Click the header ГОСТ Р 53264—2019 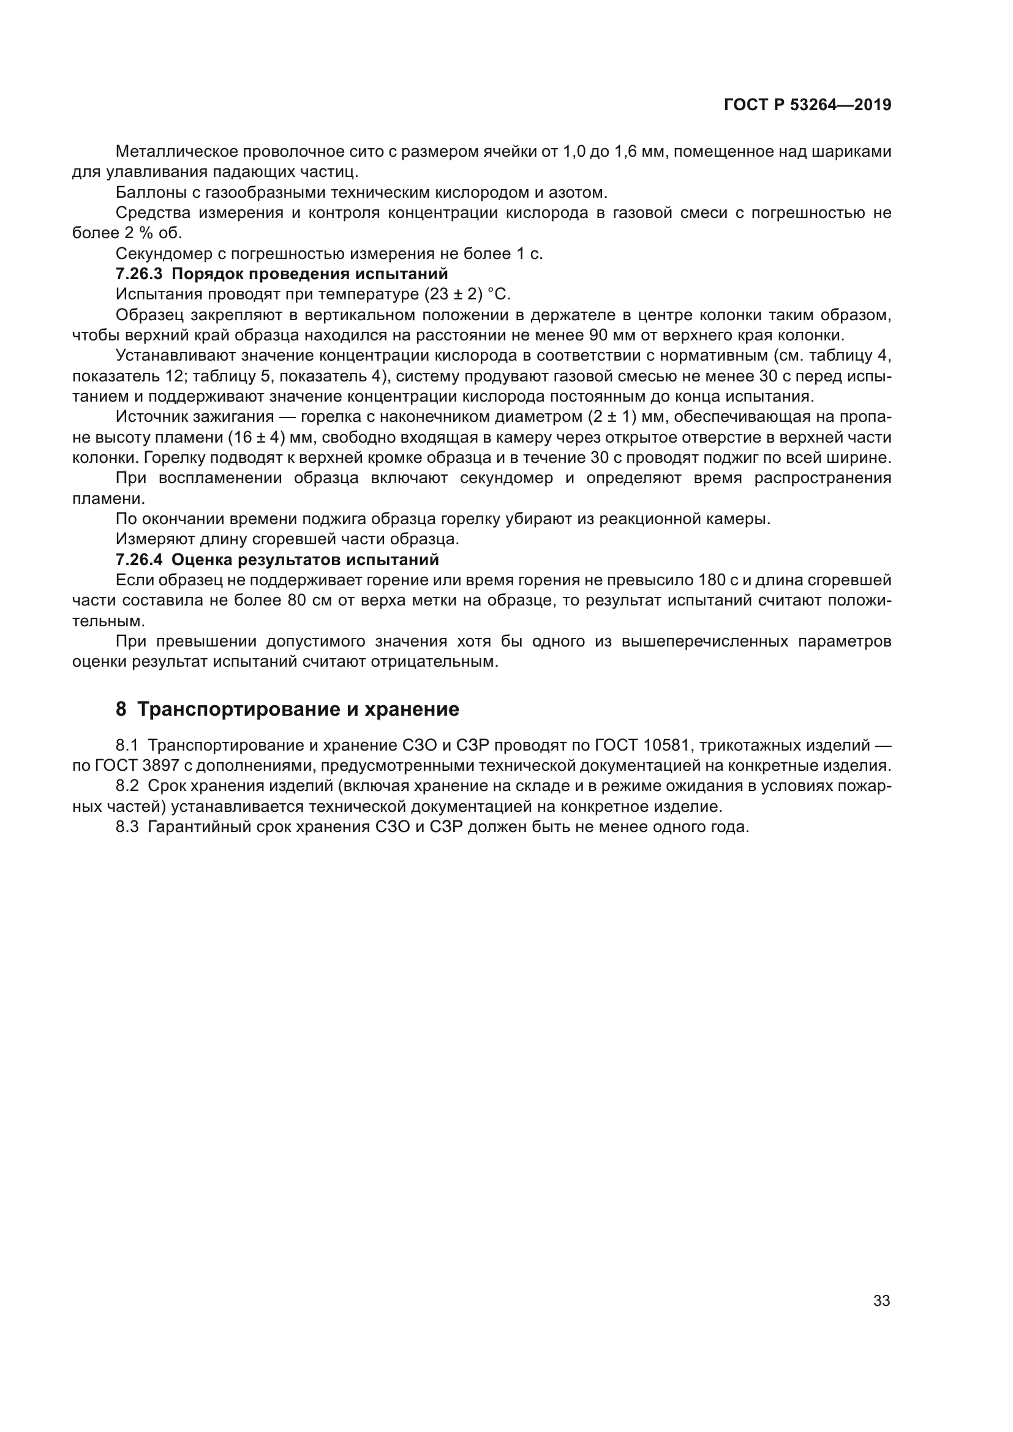[807, 105]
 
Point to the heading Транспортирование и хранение [298, 709]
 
